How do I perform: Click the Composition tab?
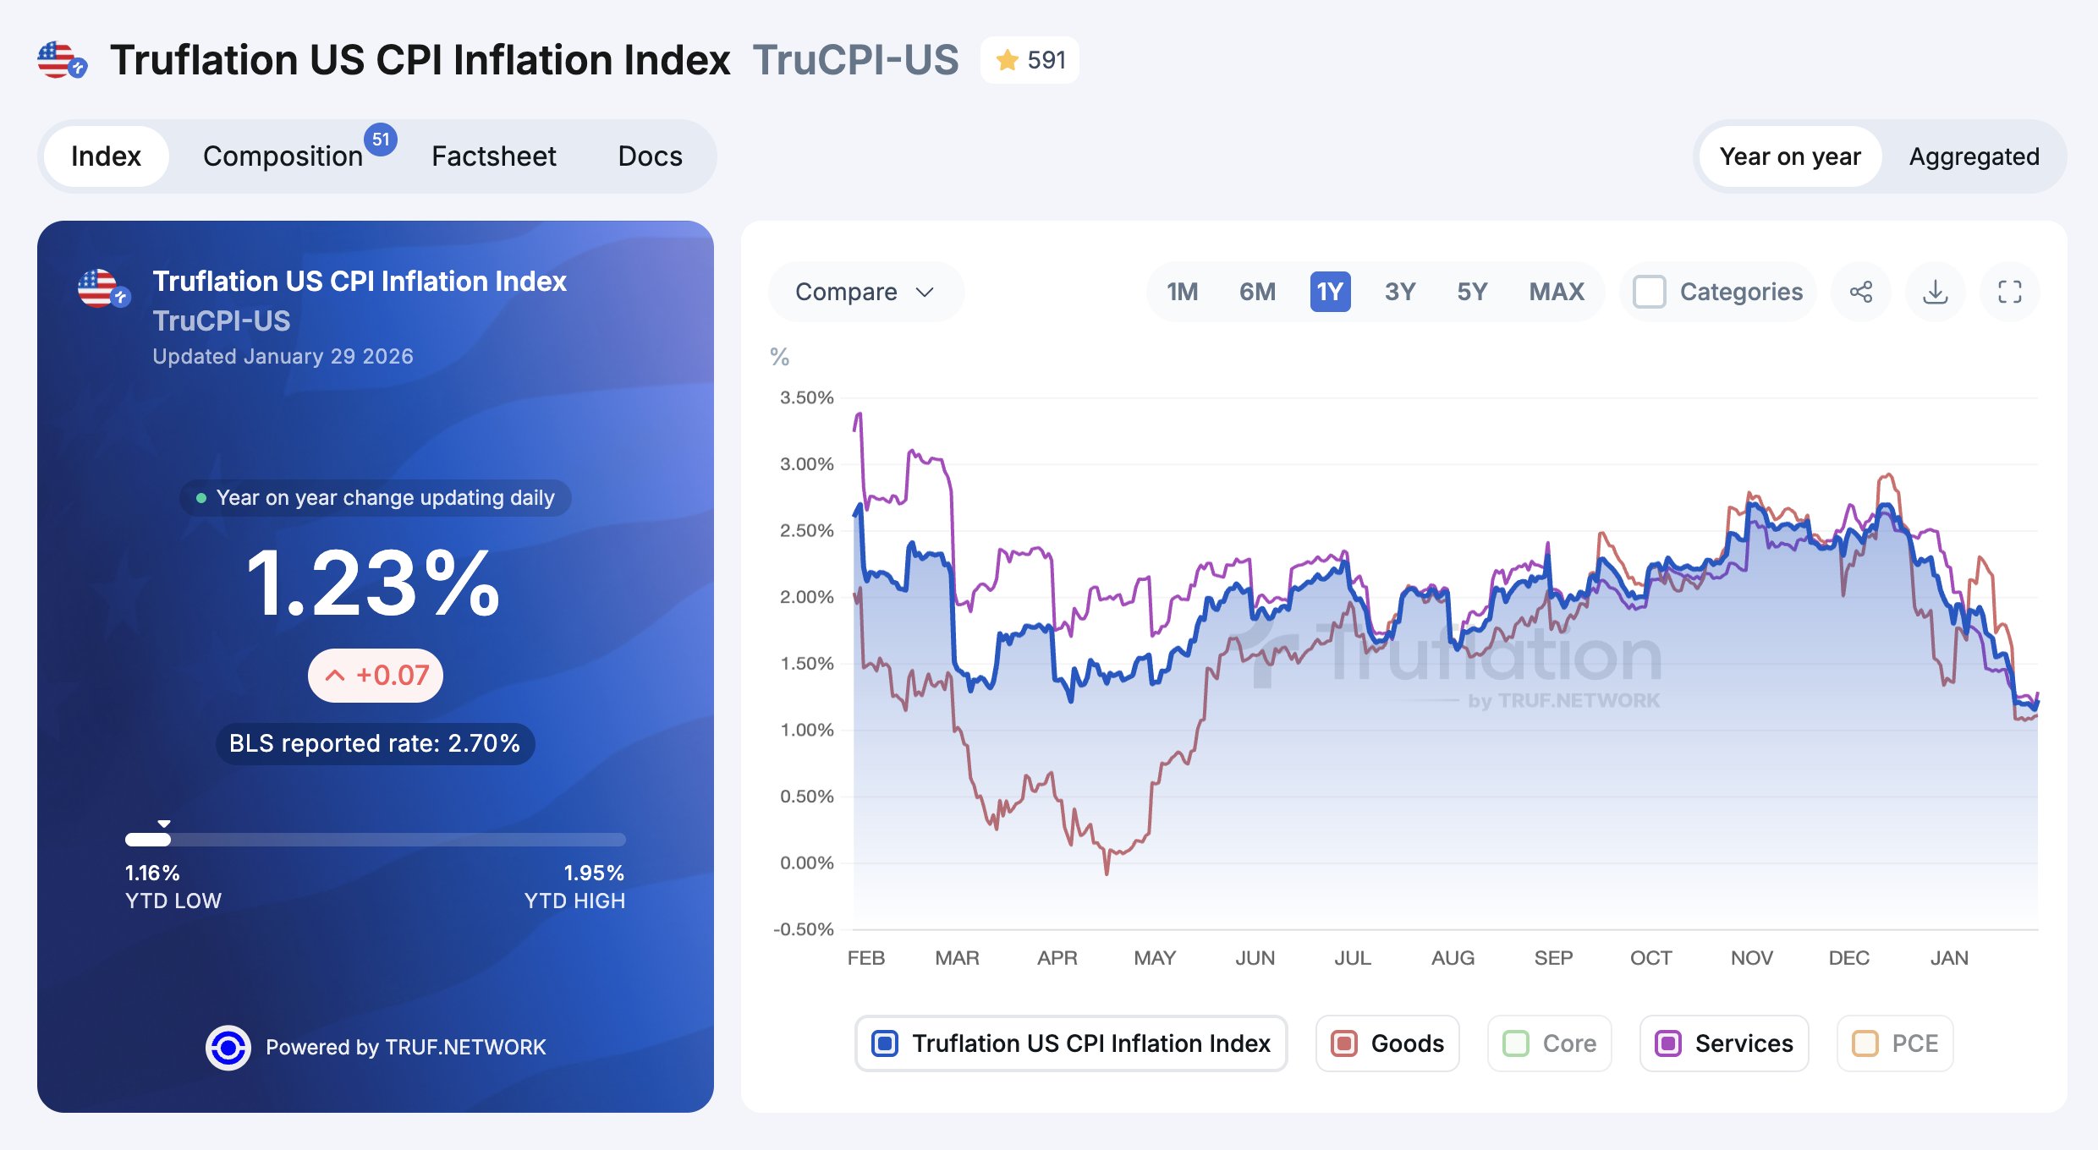[x=283, y=156]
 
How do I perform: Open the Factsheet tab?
[x=493, y=156]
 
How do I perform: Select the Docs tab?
[x=650, y=156]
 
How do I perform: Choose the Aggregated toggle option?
[x=1974, y=156]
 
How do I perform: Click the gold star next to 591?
[x=1007, y=60]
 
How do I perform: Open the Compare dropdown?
[x=865, y=292]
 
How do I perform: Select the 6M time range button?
[x=1257, y=292]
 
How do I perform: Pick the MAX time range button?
[x=1556, y=292]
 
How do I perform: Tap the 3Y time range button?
[x=1399, y=292]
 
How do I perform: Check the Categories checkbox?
[x=1650, y=292]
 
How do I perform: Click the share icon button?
[x=1860, y=292]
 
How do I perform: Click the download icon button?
[x=1935, y=292]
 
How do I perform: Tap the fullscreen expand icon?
[x=2009, y=292]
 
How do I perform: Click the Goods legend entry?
[x=1387, y=1043]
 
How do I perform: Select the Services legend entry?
[x=1723, y=1043]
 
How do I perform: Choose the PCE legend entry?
[x=1895, y=1043]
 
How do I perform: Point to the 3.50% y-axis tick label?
[x=806, y=397]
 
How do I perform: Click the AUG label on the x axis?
[x=1453, y=958]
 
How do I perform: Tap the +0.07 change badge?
[x=376, y=675]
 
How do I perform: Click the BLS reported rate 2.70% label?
[x=375, y=743]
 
